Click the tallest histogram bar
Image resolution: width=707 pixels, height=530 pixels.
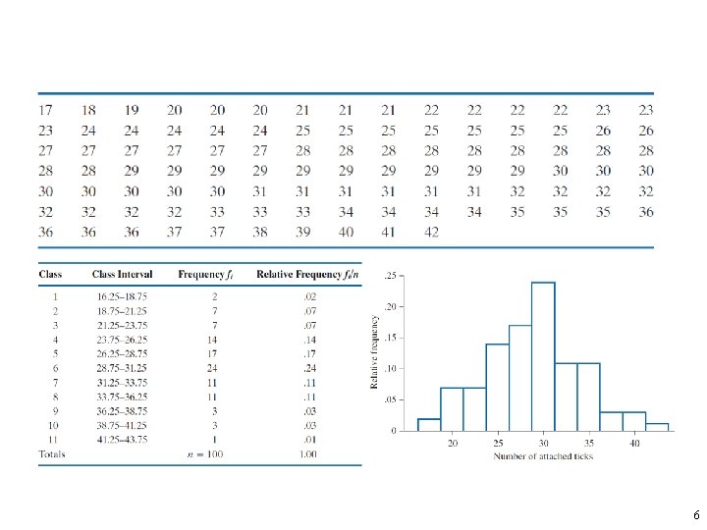pyautogui.click(x=543, y=355)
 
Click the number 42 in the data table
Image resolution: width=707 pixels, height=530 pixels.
pyautogui.click(x=432, y=233)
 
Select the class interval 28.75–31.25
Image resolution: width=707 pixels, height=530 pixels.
pyautogui.click(x=122, y=368)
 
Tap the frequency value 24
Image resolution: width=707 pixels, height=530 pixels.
pyautogui.click(x=201, y=368)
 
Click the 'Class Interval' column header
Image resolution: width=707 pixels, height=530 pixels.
pyautogui.click(x=121, y=274)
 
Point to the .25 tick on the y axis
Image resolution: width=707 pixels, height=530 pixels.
pyautogui.click(x=391, y=276)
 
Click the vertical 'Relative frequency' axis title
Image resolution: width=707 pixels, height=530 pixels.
pyautogui.click(x=374, y=350)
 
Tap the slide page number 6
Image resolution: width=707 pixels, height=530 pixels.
pyautogui.click(x=695, y=515)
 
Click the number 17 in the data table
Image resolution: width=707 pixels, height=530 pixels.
pyautogui.click(x=45, y=110)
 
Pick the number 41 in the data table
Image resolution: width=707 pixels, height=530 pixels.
pyautogui.click(x=389, y=233)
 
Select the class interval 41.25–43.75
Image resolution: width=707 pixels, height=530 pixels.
pyautogui.click(x=122, y=440)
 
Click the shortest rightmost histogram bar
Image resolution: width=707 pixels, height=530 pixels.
pyautogui.click(x=658, y=427)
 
